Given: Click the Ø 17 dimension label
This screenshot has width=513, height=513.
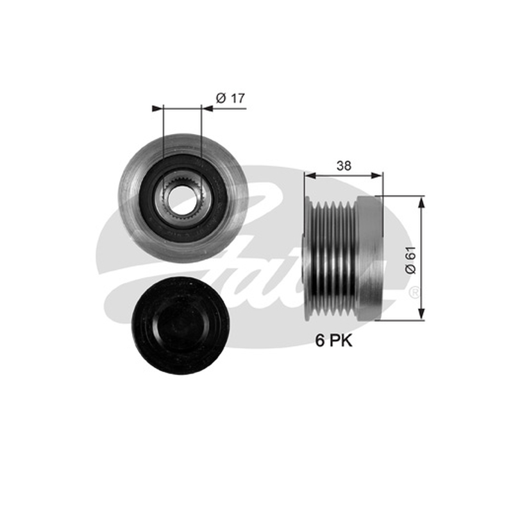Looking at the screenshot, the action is [230, 98].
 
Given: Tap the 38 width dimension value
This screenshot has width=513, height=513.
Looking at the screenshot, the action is [344, 166].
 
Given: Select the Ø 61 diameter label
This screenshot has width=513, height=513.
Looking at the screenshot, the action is [410, 260].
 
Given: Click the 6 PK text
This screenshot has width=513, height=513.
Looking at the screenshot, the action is [333, 341].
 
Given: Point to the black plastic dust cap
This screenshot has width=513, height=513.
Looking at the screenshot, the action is [180, 326].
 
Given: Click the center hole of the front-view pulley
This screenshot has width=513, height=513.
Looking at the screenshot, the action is [181, 198].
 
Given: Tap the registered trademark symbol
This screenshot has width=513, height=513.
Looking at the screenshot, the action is [414, 292].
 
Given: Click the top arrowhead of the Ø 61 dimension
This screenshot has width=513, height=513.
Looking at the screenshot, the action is [421, 203].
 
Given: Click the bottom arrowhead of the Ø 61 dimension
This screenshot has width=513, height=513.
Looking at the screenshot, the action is [421, 314].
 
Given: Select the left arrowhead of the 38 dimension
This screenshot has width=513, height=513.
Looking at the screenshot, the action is [310, 176].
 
